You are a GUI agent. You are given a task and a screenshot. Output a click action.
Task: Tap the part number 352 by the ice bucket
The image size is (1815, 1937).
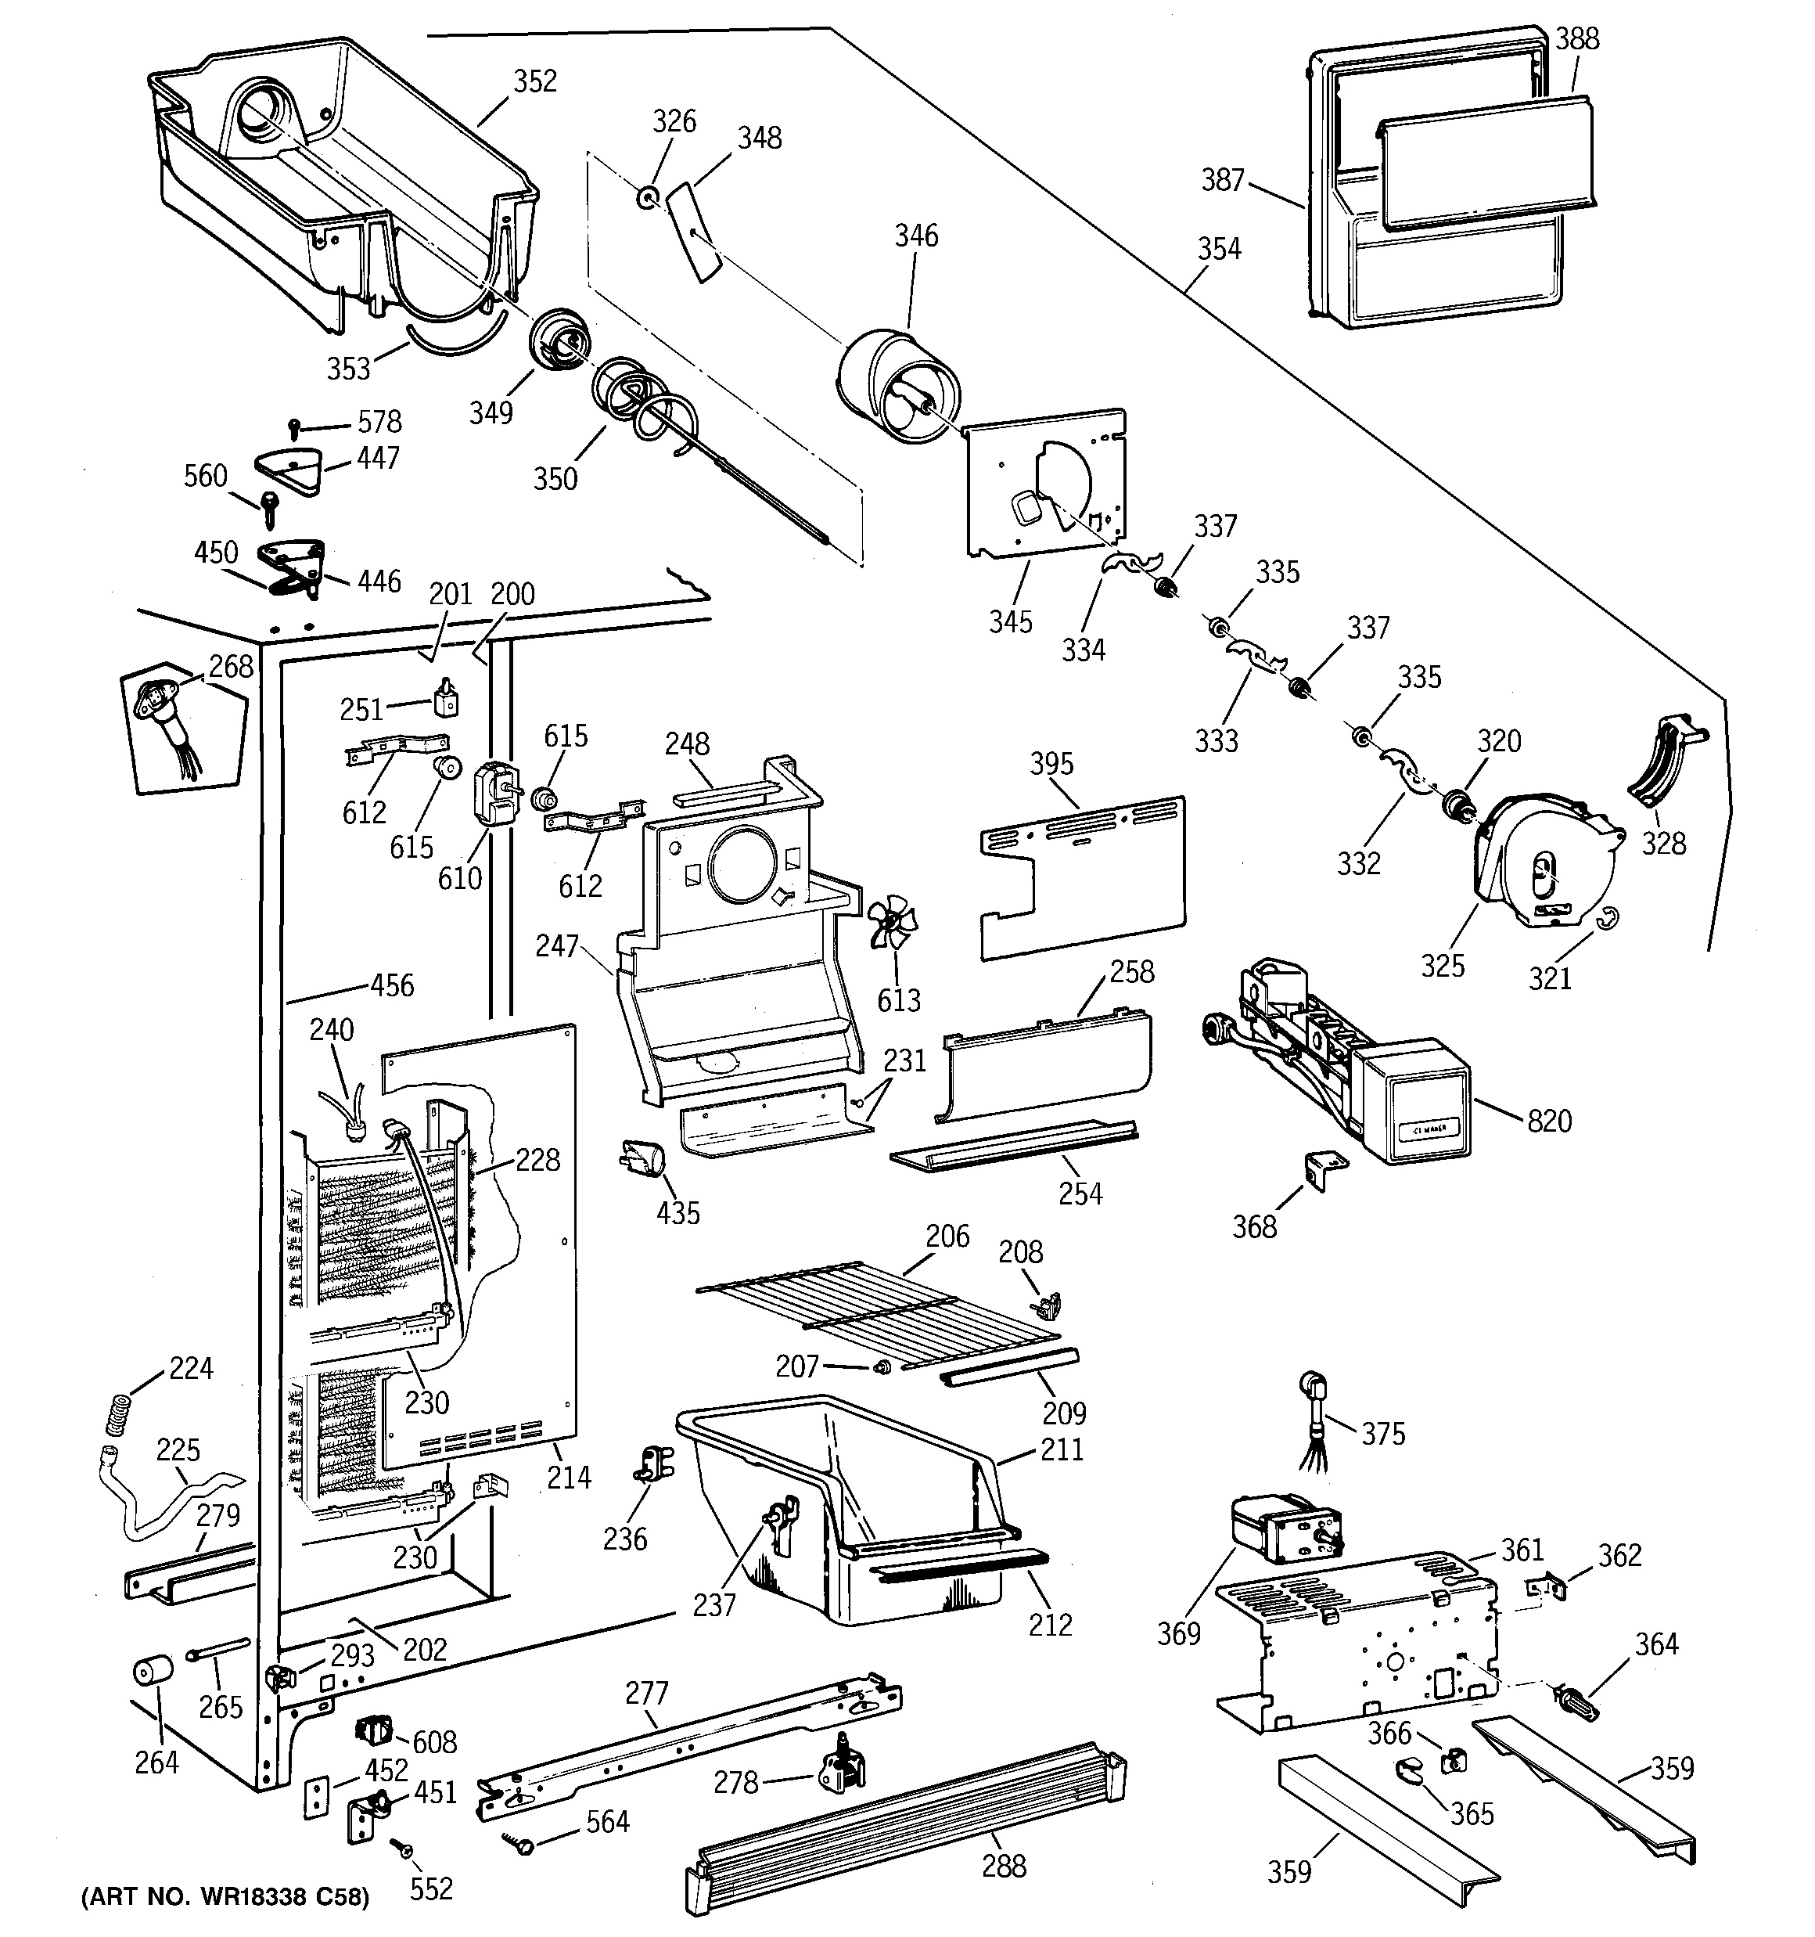(535, 81)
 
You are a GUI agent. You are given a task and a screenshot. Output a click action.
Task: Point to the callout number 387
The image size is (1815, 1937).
(1223, 180)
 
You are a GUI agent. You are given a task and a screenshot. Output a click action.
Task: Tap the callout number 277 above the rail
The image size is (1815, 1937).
(647, 1693)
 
